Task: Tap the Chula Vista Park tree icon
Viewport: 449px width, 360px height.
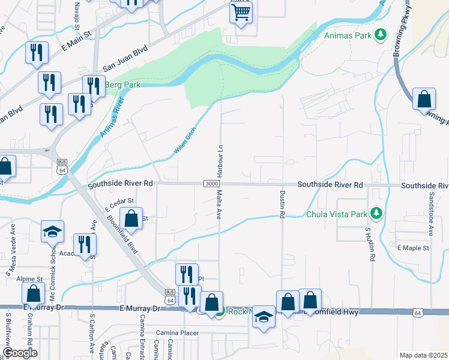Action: tap(376, 213)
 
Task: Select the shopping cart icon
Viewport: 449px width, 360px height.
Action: tap(241, 12)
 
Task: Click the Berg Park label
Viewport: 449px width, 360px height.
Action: tap(123, 85)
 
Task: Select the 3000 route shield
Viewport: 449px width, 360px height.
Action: tap(211, 184)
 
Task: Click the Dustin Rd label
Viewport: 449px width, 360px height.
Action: tap(281, 203)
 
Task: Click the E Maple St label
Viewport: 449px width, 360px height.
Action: tap(413, 248)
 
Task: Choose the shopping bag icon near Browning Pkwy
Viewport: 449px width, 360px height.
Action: tap(424, 99)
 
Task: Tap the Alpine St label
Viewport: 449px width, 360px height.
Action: tap(30, 280)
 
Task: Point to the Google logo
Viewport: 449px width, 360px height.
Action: tap(20, 353)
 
